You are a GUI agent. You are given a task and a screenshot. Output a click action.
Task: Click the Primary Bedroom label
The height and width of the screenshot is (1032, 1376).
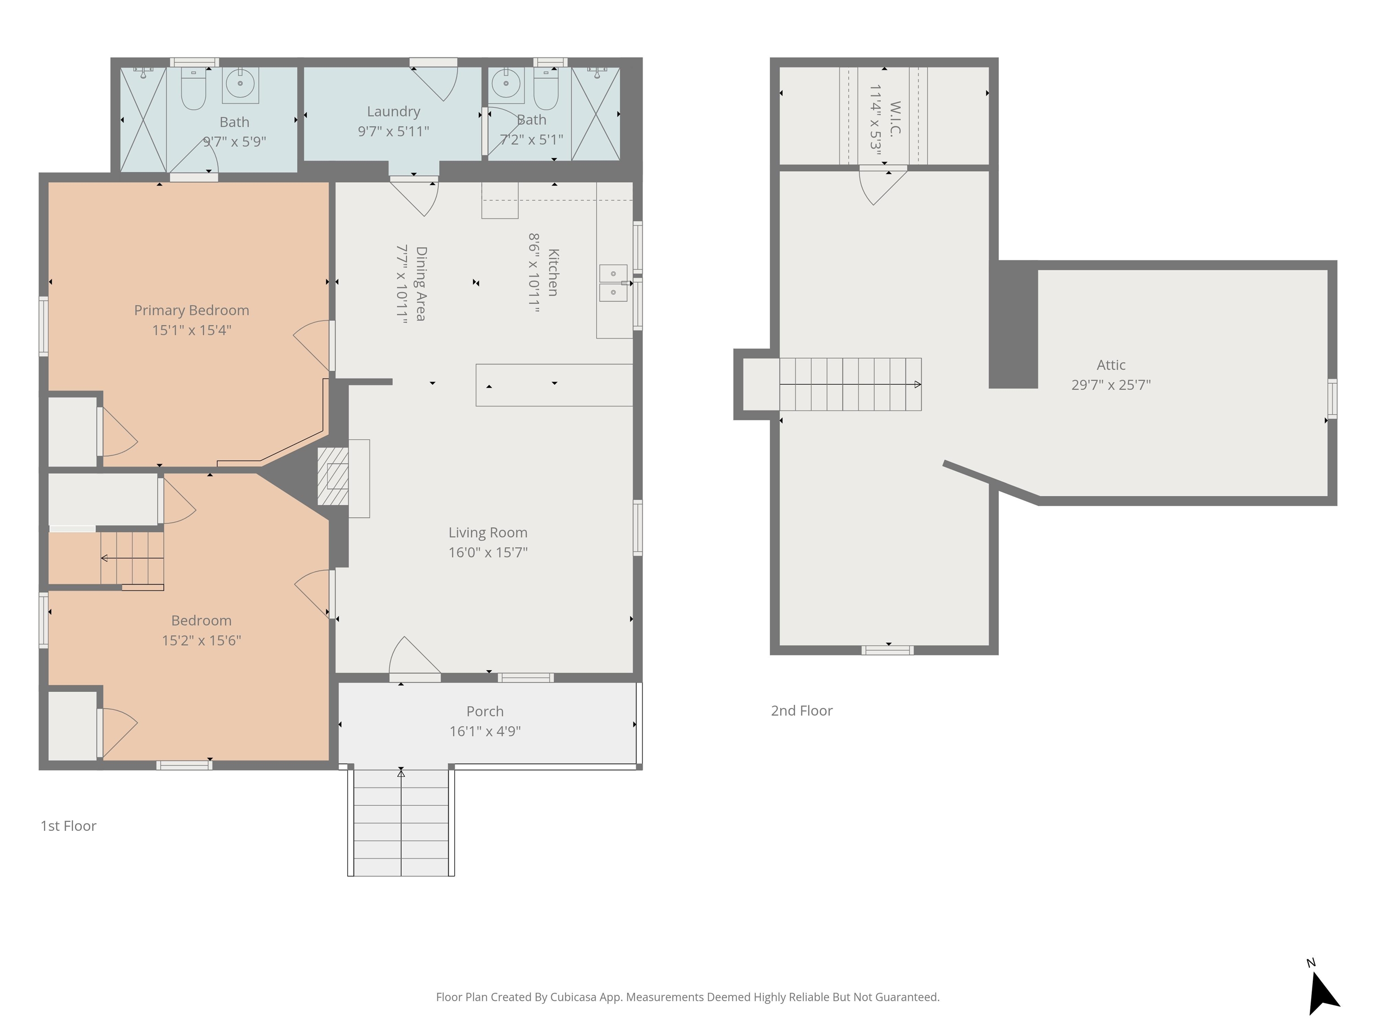point(192,310)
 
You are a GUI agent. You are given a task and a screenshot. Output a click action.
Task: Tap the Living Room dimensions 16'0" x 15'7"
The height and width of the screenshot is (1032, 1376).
point(488,552)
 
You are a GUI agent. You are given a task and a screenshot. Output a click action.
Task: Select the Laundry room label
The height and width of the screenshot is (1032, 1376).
point(393,112)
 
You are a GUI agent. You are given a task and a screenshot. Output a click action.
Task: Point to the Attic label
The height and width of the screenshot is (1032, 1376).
point(1111,365)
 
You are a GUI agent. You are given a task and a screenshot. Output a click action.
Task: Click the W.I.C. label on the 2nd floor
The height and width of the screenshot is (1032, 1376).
point(895,119)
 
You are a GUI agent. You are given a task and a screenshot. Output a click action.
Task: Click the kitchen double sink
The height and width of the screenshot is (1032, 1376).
point(613,283)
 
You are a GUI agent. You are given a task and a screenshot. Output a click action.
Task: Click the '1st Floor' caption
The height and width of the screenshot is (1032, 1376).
point(69,826)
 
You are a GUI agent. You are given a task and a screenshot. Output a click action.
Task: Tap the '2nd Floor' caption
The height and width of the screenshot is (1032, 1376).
point(801,710)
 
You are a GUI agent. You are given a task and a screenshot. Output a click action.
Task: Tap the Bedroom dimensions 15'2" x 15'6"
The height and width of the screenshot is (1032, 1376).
point(202,641)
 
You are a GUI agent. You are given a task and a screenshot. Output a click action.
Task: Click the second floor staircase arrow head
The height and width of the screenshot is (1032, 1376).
point(917,384)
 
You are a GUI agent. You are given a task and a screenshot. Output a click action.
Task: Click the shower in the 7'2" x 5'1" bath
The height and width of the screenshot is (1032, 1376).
point(595,114)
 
